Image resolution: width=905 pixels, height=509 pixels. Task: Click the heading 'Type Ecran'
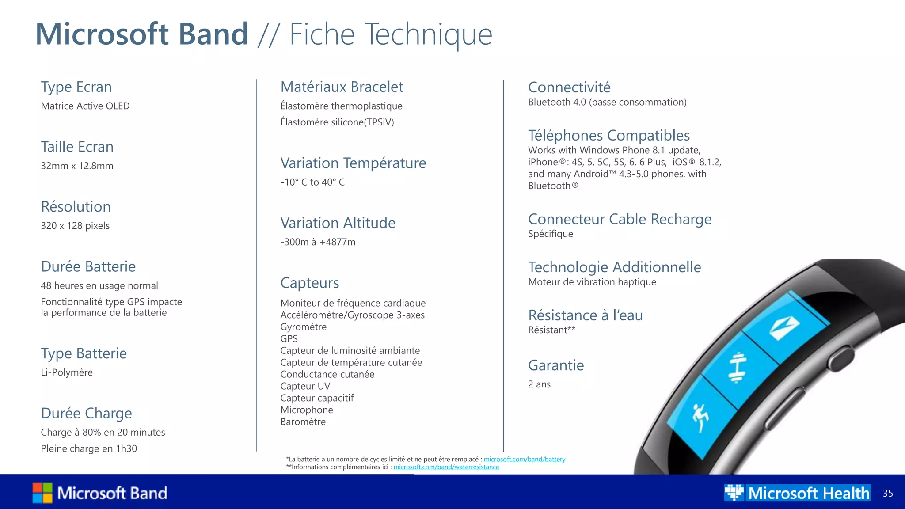point(76,87)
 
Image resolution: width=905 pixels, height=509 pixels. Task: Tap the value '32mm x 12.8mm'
point(77,166)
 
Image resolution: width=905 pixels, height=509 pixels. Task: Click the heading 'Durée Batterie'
point(88,266)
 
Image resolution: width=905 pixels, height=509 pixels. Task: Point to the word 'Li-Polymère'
point(67,372)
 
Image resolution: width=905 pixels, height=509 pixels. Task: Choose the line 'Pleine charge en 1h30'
point(89,448)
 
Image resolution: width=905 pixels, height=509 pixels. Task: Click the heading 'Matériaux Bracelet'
point(342,87)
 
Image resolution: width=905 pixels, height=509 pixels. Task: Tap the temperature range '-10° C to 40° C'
point(312,182)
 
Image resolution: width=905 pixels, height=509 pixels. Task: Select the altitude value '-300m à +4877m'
point(318,242)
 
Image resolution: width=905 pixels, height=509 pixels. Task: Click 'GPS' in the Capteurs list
point(289,339)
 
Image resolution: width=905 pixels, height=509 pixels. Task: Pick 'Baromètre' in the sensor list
point(303,422)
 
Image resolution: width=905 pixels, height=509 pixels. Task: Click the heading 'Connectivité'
point(569,87)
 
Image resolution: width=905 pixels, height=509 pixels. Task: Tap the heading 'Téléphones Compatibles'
point(608,135)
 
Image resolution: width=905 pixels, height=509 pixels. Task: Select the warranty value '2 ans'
point(539,384)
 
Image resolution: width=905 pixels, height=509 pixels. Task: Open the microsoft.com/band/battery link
point(525,460)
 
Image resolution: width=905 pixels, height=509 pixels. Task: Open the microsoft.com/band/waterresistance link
point(446,467)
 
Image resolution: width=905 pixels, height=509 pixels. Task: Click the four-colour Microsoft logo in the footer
point(42,493)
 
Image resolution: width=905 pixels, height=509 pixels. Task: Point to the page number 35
point(888,494)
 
